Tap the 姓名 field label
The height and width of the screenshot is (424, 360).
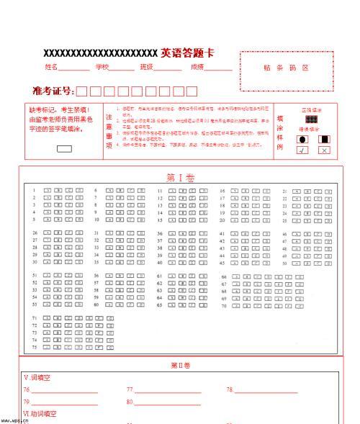coord(51,67)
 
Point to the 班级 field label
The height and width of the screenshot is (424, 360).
coord(147,67)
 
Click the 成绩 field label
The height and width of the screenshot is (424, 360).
coord(197,67)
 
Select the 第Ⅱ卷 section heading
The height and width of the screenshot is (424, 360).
coord(180,365)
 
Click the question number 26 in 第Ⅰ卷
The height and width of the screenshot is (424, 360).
coord(34,233)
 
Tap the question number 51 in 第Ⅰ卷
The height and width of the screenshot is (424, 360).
coord(34,275)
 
